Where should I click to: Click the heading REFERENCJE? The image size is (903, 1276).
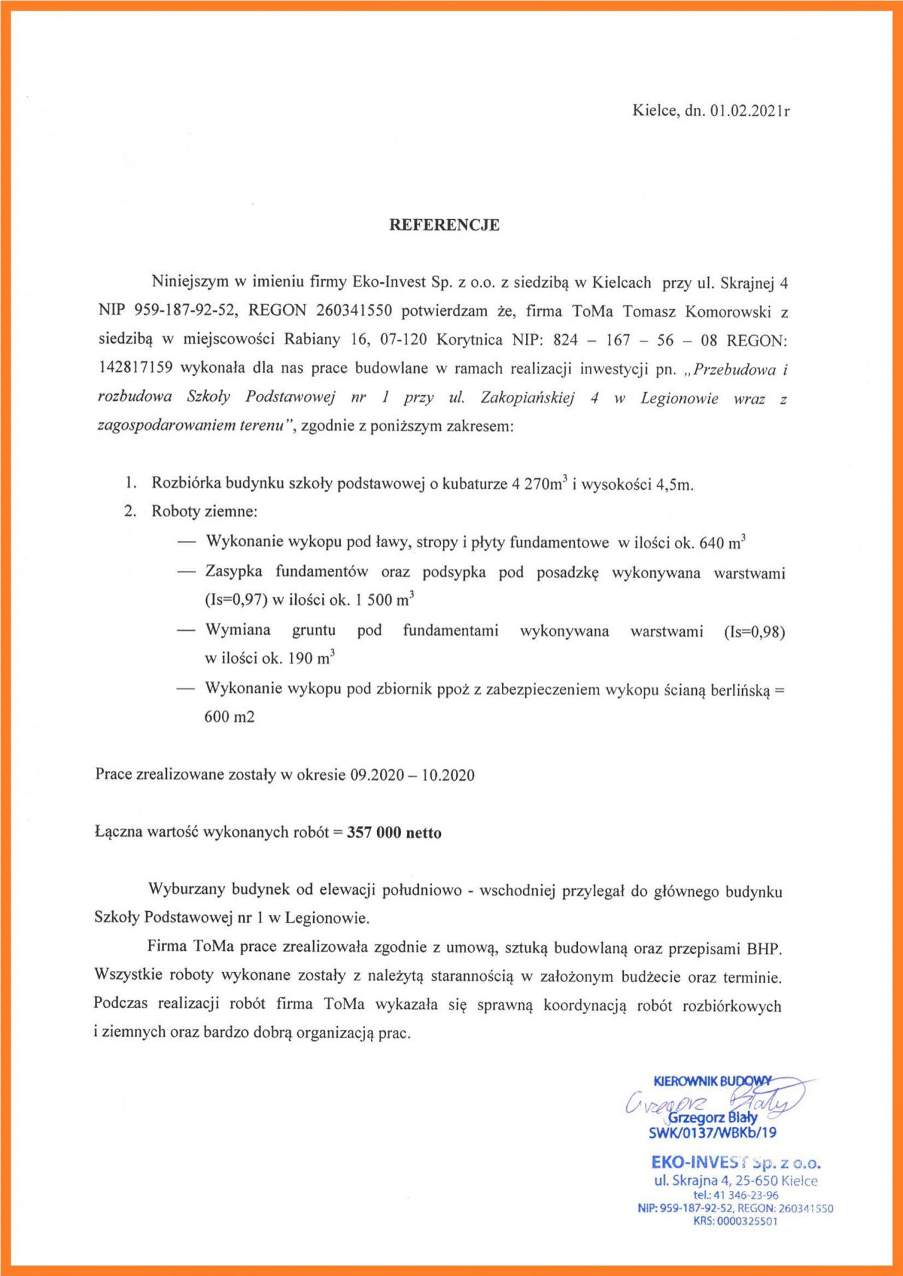[444, 225]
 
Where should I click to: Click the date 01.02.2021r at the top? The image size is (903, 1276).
[749, 111]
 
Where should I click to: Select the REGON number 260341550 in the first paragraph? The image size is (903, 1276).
[354, 311]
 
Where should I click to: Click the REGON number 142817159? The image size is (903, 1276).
[135, 368]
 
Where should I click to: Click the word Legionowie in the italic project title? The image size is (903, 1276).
[679, 398]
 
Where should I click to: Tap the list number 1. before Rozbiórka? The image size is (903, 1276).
[131, 483]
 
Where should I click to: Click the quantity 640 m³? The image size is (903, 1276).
[722, 542]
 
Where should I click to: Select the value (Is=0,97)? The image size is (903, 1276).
[236, 600]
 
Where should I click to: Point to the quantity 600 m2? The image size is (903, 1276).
[229, 717]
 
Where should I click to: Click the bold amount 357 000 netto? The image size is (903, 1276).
[394, 833]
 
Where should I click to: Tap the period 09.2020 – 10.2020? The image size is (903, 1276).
[412, 775]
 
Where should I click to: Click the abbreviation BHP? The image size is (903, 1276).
[763, 948]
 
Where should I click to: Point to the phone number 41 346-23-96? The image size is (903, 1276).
[745, 1195]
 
